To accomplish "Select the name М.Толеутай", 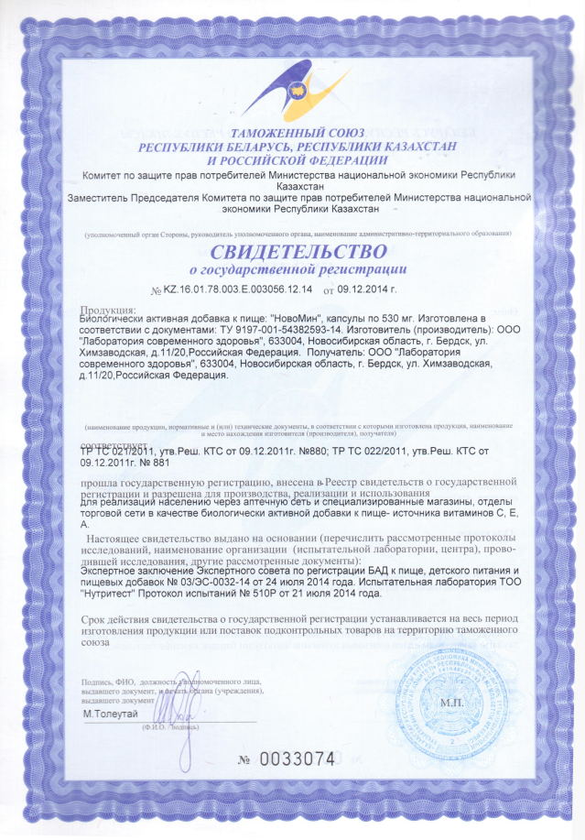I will click(111, 713).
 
